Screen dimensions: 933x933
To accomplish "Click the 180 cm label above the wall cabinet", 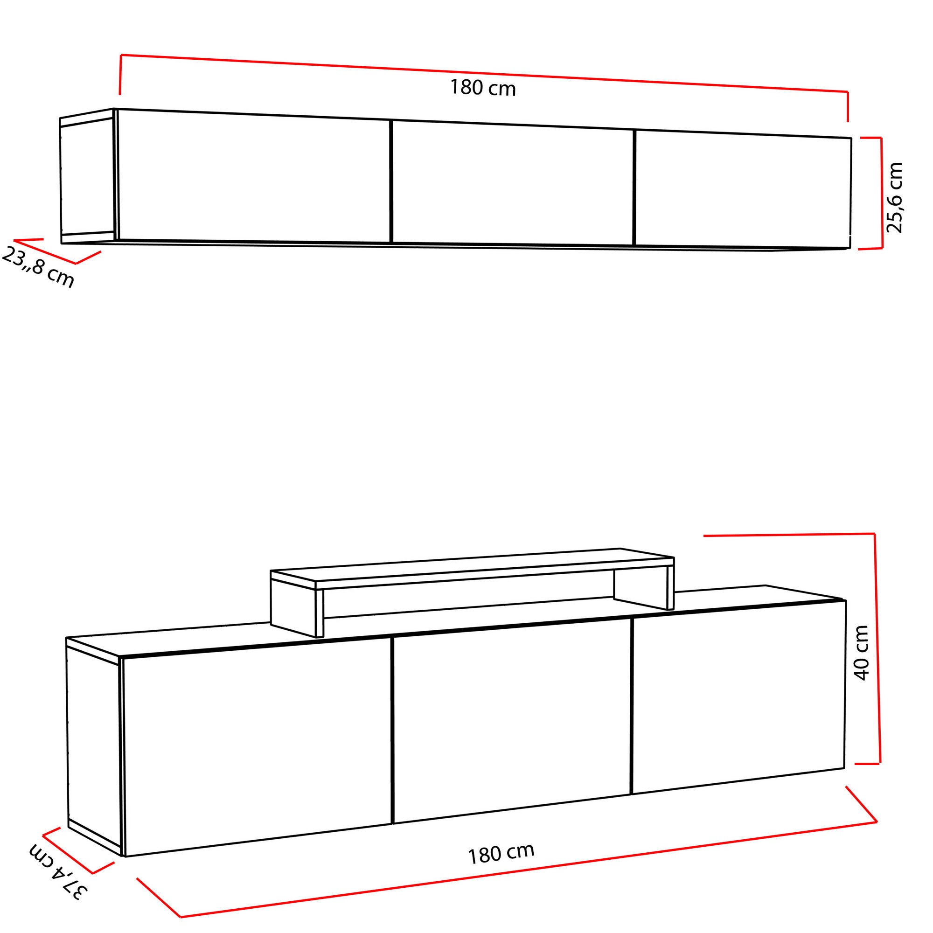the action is click(x=483, y=88).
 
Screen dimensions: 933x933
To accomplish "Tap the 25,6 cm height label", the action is click(x=894, y=197).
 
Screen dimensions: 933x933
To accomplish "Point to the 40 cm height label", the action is click(x=862, y=653).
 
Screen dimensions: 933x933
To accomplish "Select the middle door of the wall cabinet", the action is click(x=513, y=183).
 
